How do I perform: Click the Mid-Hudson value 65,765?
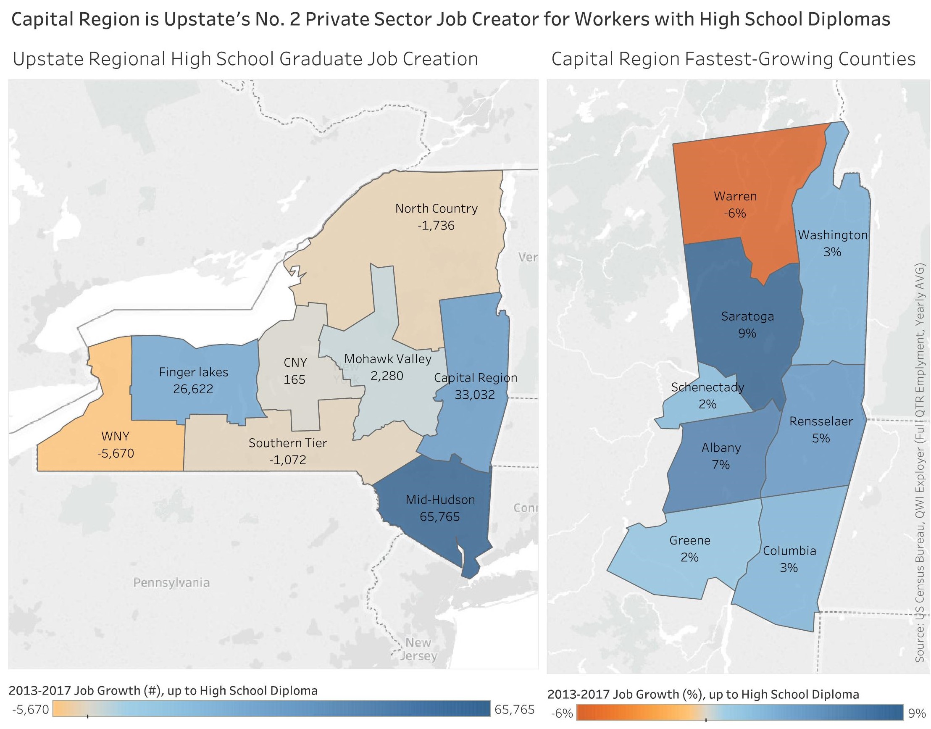439,516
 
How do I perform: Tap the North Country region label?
436,208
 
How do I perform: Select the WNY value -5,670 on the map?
115,453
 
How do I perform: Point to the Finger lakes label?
193,372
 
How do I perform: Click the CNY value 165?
295,379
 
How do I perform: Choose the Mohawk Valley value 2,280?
387,376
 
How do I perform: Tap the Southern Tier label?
288,443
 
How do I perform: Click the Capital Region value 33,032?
474,395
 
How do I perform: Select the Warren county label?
735,196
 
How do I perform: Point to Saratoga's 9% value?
747,333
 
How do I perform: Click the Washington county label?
832,235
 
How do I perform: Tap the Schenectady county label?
707,387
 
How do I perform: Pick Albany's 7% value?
721,464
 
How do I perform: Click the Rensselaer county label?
821,421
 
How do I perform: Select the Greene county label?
689,540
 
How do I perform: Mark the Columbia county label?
789,550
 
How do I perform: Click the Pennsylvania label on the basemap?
171,583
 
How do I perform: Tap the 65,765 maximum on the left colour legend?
514,709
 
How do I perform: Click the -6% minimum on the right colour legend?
562,713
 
